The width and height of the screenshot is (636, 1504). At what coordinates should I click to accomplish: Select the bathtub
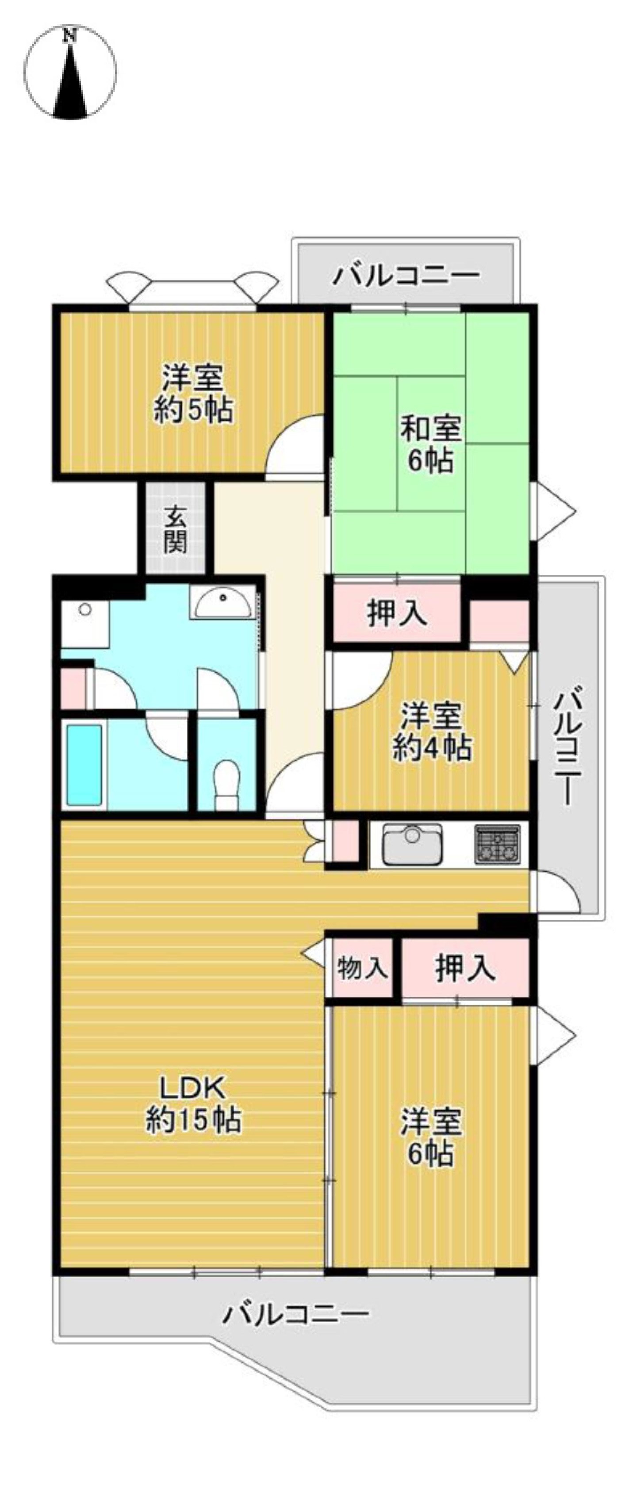(84, 764)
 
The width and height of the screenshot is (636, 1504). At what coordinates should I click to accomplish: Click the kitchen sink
(412, 844)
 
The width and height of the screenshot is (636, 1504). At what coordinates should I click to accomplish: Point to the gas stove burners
(496, 844)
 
